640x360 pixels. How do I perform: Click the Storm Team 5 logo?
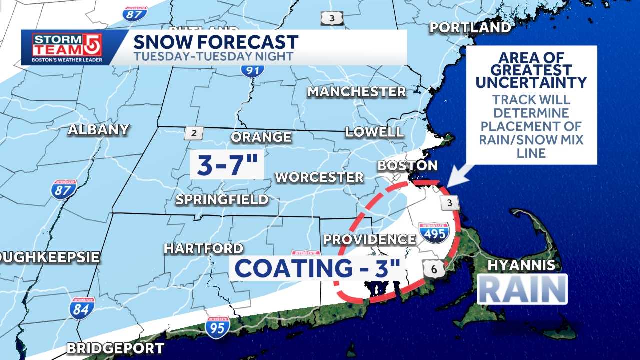[x=67, y=47]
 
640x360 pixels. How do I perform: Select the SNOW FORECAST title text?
[x=216, y=42]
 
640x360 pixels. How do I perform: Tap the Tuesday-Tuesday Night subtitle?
[x=213, y=56]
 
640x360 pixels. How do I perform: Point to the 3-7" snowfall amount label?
[x=227, y=165]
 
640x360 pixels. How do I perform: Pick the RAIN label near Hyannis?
[x=522, y=289]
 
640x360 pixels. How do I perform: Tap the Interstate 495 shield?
[x=434, y=233]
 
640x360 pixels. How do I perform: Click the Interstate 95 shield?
[x=217, y=327]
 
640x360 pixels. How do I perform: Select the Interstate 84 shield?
[x=82, y=308]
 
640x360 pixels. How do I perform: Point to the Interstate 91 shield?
[x=252, y=67]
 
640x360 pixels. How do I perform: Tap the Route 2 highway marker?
[x=194, y=133]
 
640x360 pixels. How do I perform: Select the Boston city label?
[x=407, y=165]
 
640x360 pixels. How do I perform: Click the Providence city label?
[x=369, y=239]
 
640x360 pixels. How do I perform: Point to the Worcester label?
[x=319, y=177]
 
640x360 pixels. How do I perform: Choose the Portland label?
[x=470, y=27]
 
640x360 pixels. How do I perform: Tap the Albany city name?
[x=99, y=130]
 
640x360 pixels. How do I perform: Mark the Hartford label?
[x=203, y=248]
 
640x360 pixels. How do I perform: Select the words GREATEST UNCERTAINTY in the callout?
[x=531, y=76]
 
